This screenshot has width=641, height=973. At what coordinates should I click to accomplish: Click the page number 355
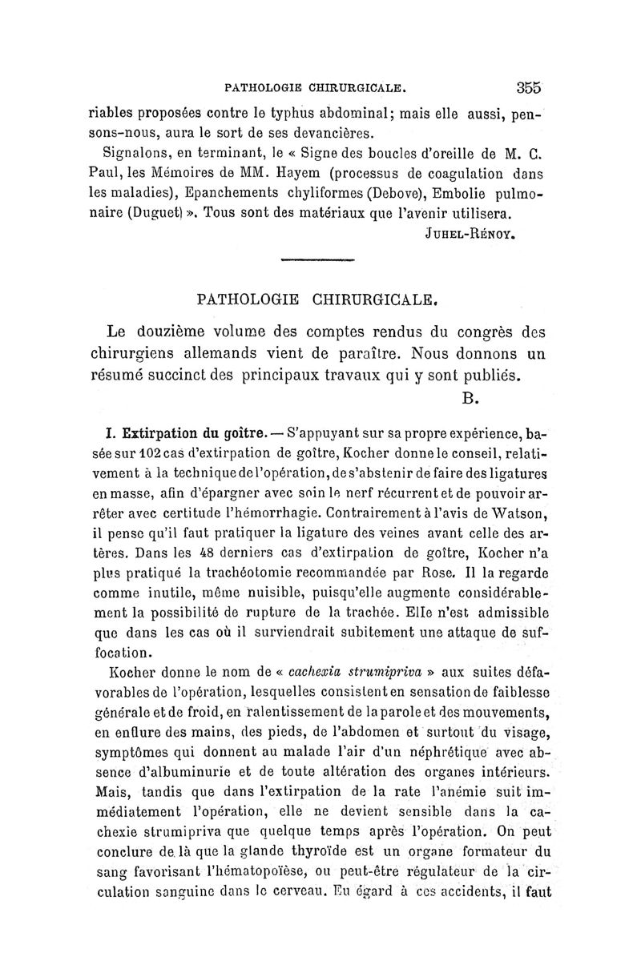pos(529,86)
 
